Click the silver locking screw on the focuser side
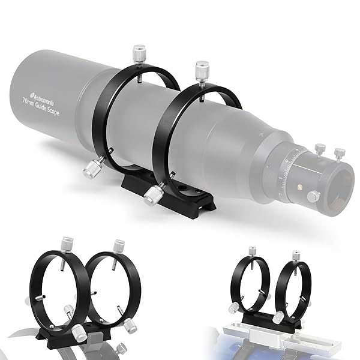coord(312,196)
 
